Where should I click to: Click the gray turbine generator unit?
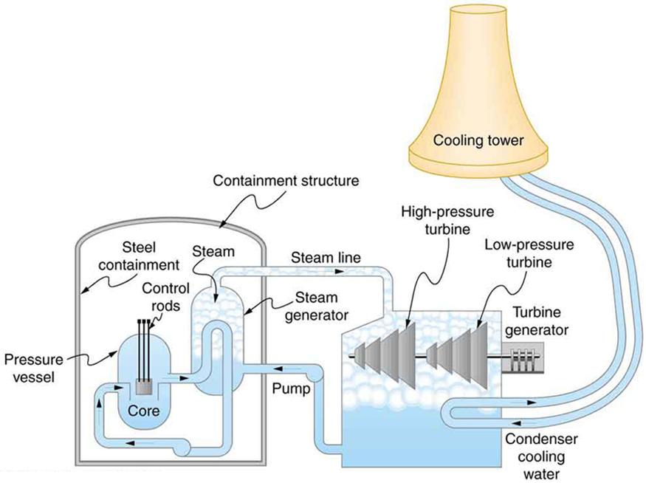[523, 360]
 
